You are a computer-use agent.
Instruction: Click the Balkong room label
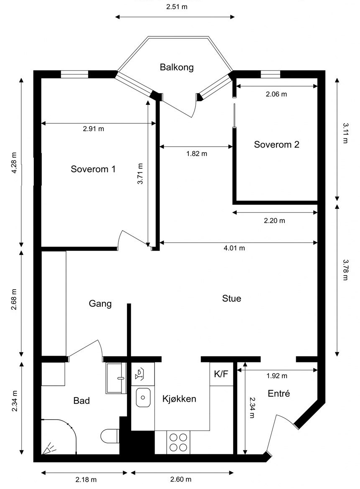(x=177, y=67)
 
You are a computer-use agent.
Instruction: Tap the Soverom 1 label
(x=93, y=169)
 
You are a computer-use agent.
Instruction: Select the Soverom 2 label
(x=276, y=145)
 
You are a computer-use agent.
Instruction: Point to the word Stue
(x=231, y=298)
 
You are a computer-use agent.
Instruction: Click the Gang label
(x=100, y=304)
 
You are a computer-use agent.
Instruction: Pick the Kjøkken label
(x=179, y=399)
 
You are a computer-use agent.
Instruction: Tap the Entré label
(x=279, y=393)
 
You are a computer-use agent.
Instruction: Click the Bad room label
(x=82, y=401)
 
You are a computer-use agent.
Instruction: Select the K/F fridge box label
(x=221, y=374)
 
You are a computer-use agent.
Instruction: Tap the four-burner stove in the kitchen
(x=178, y=442)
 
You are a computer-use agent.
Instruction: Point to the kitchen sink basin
(x=143, y=397)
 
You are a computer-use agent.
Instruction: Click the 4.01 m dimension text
(x=234, y=248)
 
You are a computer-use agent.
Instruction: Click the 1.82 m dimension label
(x=196, y=153)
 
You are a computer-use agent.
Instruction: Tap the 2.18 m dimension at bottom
(x=86, y=479)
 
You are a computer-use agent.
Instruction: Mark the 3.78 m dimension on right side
(x=345, y=270)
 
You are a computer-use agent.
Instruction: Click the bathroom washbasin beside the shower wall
(x=116, y=378)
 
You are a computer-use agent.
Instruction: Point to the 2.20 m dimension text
(x=274, y=220)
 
